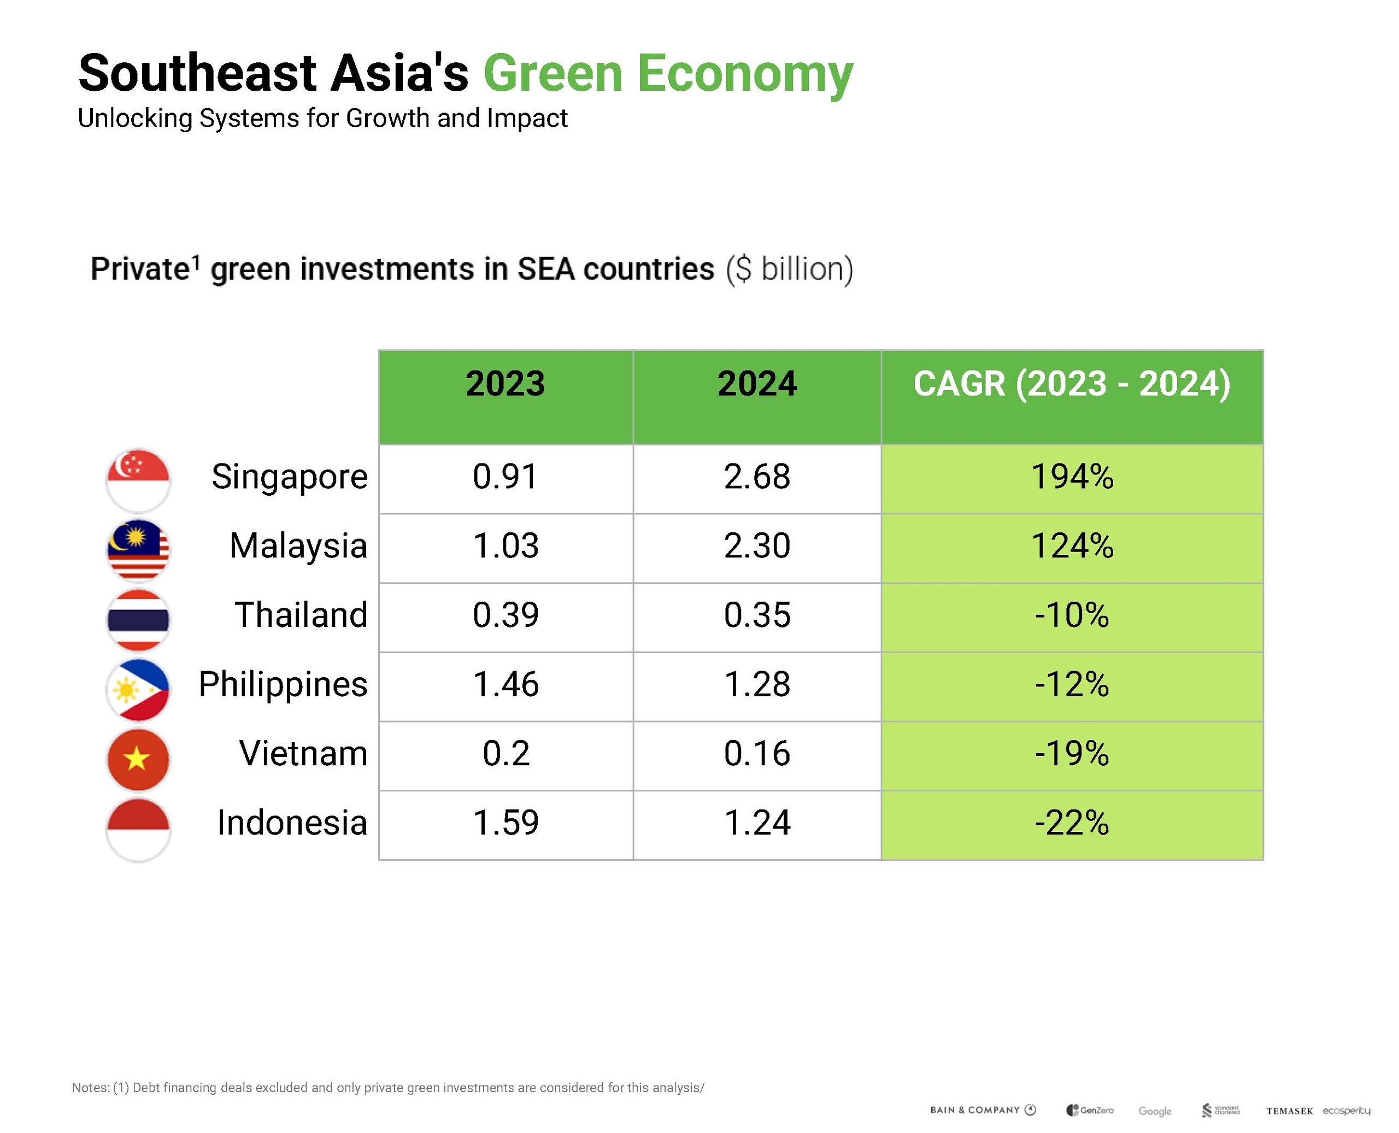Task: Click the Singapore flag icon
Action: point(138,480)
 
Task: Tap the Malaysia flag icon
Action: point(138,549)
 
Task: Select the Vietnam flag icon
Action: point(138,759)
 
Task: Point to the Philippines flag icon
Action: point(138,689)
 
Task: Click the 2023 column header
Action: point(505,384)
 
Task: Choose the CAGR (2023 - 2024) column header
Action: point(1072,384)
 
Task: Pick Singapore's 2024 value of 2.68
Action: point(757,477)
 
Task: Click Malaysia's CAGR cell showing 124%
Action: point(1072,546)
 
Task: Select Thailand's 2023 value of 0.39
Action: point(505,615)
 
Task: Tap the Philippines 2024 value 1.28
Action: point(757,685)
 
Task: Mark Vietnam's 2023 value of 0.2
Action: point(505,754)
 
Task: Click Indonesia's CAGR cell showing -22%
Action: point(1072,823)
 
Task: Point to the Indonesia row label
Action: point(292,823)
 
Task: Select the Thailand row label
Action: point(301,615)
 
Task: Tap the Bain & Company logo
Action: point(983,1110)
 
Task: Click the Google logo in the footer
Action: point(1154,1111)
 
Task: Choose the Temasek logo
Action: point(1289,1111)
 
